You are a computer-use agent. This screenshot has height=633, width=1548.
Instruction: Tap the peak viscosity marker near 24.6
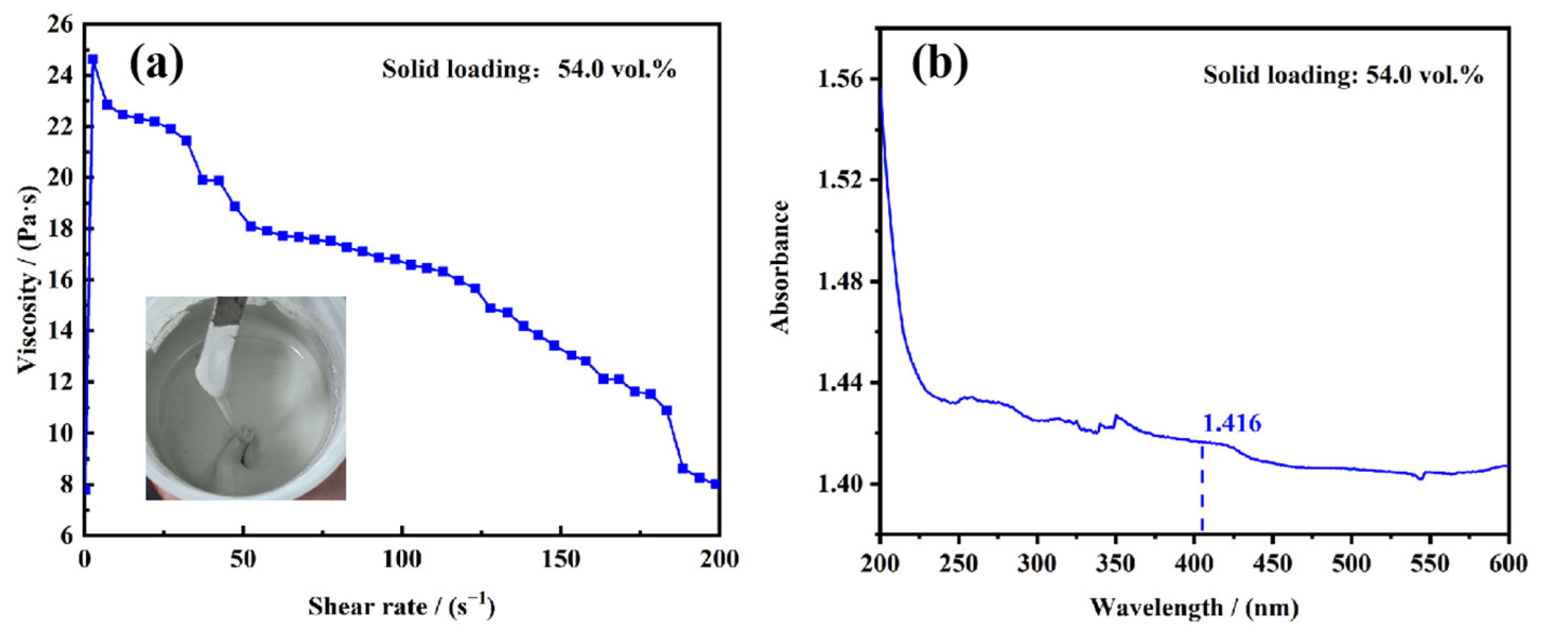[92, 59]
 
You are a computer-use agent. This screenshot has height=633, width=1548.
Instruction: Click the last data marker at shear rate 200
[715, 484]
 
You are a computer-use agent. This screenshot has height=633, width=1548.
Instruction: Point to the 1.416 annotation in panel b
[1232, 424]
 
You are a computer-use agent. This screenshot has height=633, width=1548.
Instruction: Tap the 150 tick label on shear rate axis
[560, 560]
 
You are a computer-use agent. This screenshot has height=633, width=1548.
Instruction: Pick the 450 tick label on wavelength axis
[1273, 563]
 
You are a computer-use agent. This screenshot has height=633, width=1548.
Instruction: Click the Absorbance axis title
[780, 267]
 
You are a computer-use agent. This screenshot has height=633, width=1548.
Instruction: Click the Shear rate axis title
[401, 607]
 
